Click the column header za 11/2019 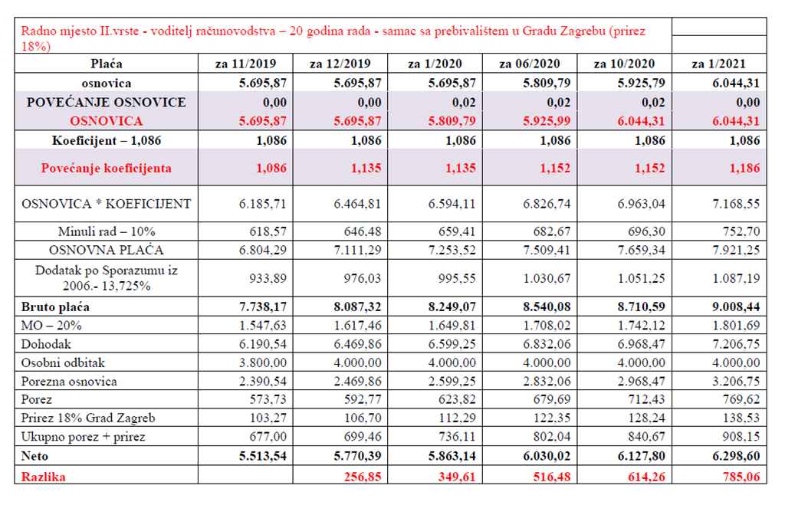click(245, 64)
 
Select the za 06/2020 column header click(529, 64)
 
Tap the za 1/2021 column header click(718, 64)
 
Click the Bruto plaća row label click(55, 307)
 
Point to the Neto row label click(34, 456)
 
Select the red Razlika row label click(43, 477)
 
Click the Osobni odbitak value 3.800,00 click(262, 362)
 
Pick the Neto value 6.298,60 click(736, 456)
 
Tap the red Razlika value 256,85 click(363, 477)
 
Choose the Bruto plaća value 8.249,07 click(452, 307)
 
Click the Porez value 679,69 click(552, 399)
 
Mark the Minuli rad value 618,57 click(268, 231)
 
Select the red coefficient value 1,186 click(744, 168)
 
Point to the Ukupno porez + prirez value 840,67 click(646, 437)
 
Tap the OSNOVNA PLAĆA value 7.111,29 click(357, 250)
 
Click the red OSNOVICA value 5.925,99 click(547, 121)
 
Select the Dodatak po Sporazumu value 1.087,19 click(736, 278)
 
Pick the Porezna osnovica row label click(69, 382)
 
